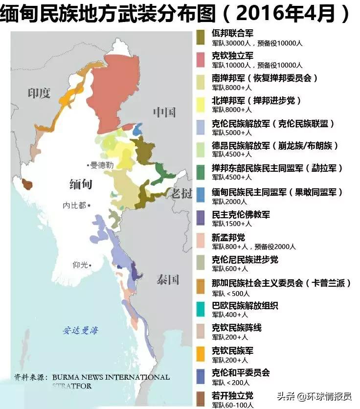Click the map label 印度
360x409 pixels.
[39, 93]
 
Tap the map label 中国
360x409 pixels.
[164, 112]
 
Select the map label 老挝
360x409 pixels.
[181, 193]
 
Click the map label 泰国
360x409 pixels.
[168, 279]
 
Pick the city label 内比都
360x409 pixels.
[75, 205]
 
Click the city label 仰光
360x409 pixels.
[81, 265]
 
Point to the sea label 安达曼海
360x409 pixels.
[80, 331]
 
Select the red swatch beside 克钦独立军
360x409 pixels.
[201, 59]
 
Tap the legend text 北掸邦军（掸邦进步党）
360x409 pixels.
[256, 100]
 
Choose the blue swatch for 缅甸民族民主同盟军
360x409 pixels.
[201, 194]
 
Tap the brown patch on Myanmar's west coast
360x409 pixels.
[28, 184]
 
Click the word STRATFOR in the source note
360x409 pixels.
[72, 386]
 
